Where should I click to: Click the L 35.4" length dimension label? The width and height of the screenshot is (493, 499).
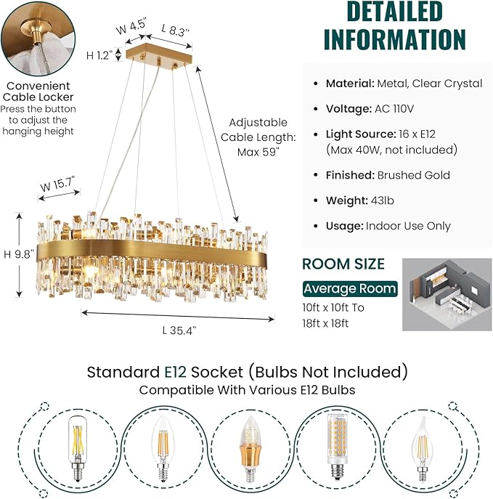pos(178,330)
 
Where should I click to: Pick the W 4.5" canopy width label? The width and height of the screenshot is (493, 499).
pos(131,30)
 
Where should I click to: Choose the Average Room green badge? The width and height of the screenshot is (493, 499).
pos(350,288)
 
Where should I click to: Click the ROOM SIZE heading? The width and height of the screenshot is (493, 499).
pos(343,264)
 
